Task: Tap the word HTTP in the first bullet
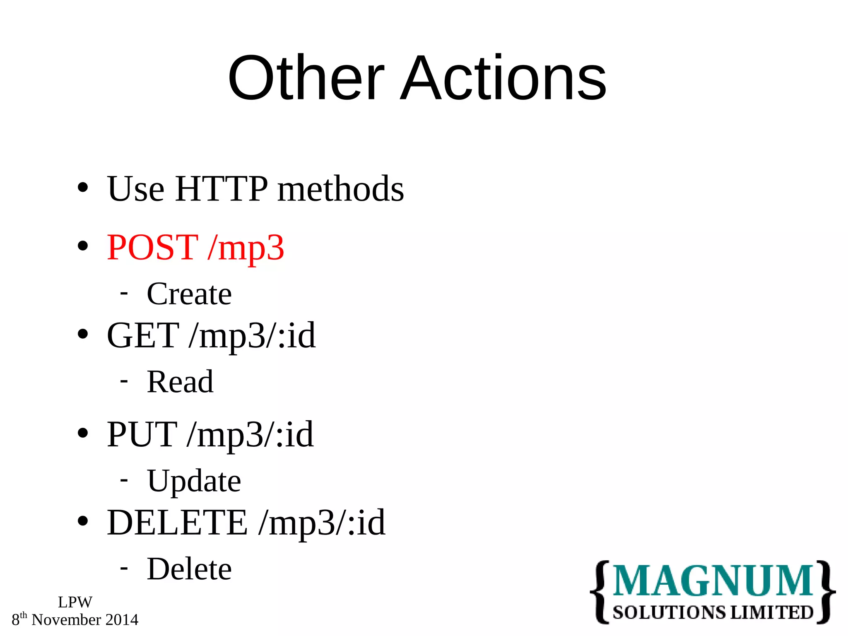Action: [x=222, y=189]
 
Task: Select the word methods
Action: [x=340, y=189]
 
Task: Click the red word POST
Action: [x=152, y=247]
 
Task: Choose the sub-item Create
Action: [x=189, y=294]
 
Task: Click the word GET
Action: [x=143, y=335]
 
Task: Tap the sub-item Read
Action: [x=180, y=382]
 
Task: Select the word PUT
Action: [x=142, y=434]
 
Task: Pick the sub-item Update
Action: [x=194, y=482]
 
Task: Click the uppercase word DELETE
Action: [x=177, y=523]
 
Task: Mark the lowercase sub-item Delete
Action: [x=189, y=569]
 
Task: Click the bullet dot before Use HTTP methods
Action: [x=83, y=188]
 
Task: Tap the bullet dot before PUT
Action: [x=83, y=433]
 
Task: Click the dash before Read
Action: [x=123, y=380]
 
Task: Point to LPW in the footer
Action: [x=75, y=602]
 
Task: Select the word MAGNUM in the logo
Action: [x=713, y=581]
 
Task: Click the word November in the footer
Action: [x=66, y=620]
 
